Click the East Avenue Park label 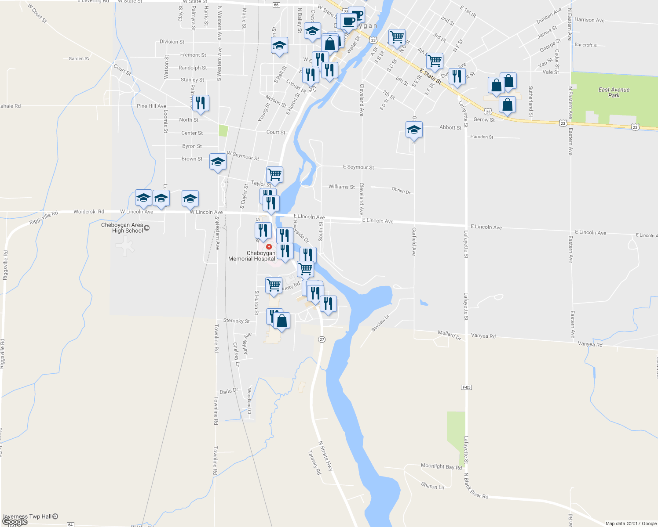614,92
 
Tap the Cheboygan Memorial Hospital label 252,256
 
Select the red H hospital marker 269,247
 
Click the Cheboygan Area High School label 122,228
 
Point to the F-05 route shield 466,387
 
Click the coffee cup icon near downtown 349,21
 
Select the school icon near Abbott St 414,130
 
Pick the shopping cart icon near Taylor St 274,174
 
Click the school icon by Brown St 218,162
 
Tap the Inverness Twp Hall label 28,516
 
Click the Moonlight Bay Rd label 441,466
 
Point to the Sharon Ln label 433,486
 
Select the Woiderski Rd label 89,212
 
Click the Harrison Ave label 589,20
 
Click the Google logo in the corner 15,522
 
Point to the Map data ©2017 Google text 631,523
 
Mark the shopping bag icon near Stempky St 282,321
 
